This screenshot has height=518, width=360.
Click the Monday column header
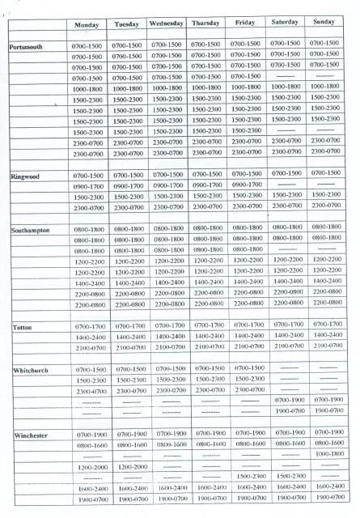[87, 25]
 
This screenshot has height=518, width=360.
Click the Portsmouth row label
[31, 47]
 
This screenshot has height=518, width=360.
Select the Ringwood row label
[28, 176]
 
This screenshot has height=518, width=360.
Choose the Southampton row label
[33, 231]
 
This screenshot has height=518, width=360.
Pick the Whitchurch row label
[32, 371]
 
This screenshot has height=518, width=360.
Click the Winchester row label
[33, 435]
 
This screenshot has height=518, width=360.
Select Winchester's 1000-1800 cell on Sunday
[328, 454]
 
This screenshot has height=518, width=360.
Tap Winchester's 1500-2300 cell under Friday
[247, 477]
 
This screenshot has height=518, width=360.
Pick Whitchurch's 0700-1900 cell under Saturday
[287, 399]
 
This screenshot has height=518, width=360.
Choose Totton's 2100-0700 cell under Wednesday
[167, 346]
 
